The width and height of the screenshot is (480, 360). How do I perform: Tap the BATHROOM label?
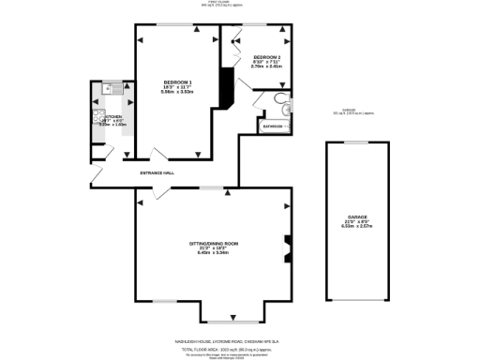coord(273,126)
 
